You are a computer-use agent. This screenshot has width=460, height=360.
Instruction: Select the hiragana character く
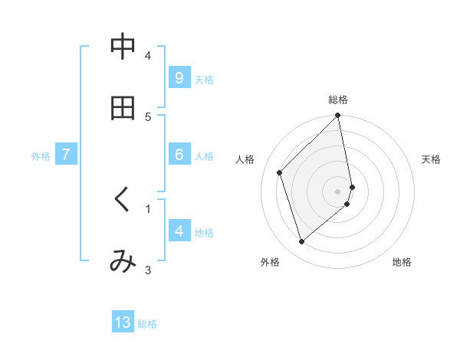[122, 201]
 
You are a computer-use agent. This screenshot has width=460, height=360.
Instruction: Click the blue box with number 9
[179, 78]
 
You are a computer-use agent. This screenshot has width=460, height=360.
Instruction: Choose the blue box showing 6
[179, 155]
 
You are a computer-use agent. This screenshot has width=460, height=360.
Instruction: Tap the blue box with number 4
[179, 231]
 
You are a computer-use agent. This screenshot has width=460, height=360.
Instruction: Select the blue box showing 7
[66, 155]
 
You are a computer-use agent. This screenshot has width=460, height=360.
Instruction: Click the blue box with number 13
[123, 322]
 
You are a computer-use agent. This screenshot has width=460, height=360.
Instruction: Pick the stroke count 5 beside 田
[148, 116]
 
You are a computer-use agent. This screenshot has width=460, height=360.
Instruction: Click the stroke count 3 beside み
[148, 269]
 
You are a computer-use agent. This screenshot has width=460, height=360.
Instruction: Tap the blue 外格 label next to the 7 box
[41, 155]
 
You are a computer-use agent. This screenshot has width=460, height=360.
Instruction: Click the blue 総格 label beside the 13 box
[147, 323]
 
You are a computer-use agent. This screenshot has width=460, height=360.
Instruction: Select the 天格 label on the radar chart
[431, 159]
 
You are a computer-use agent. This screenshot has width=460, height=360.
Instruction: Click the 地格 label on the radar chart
[402, 263]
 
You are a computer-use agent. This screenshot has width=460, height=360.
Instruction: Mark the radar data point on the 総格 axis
[337, 116]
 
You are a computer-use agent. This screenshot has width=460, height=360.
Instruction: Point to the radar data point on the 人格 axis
[280, 172]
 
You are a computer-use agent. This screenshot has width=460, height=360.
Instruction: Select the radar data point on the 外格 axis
[301, 242]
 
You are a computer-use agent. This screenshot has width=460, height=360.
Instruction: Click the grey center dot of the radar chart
[338, 191]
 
